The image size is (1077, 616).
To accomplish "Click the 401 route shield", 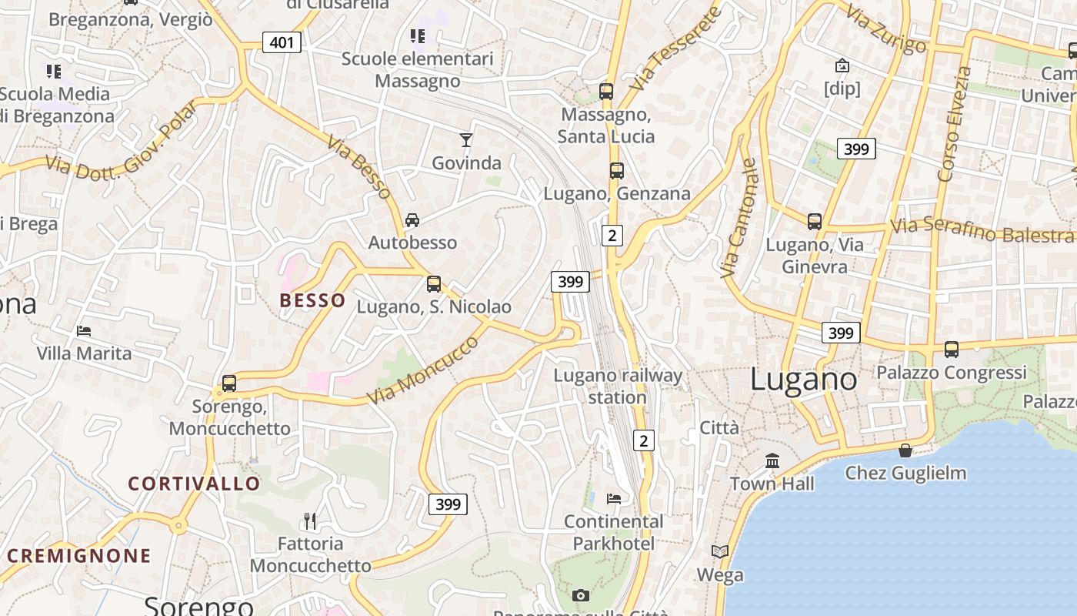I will [x=282, y=42].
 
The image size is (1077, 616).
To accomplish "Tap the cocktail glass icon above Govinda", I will [x=465, y=139].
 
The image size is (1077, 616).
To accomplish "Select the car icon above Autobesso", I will [x=412, y=220].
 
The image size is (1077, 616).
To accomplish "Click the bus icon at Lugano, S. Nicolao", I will [x=434, y=284].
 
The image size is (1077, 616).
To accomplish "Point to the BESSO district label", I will [x=312, y=300].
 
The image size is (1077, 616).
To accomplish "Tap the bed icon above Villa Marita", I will [x=84, y=331].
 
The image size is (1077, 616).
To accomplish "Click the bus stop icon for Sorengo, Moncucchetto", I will [x=229, y=383].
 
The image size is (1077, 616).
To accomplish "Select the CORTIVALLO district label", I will [x=194, y=484].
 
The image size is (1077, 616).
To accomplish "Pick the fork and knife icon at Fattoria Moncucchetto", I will [x=310, y=521].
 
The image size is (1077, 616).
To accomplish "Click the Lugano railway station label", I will [x=618, y=387].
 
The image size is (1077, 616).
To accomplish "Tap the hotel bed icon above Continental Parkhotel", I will [x=613, y=499].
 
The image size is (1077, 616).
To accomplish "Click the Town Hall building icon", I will [x=772, y=461].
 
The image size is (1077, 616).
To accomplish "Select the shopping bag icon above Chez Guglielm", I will [x=905, y=450].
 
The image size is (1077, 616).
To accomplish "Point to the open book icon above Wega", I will [x=720, y=552].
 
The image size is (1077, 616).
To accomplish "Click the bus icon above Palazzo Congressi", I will [x=952, y=350].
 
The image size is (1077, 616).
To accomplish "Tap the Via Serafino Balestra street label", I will [x=982, y=229].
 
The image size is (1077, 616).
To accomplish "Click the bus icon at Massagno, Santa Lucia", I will [x=606, y=92].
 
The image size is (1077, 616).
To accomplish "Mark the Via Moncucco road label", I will [x=423, y=370].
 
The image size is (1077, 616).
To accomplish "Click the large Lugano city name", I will [x=803, y=379].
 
